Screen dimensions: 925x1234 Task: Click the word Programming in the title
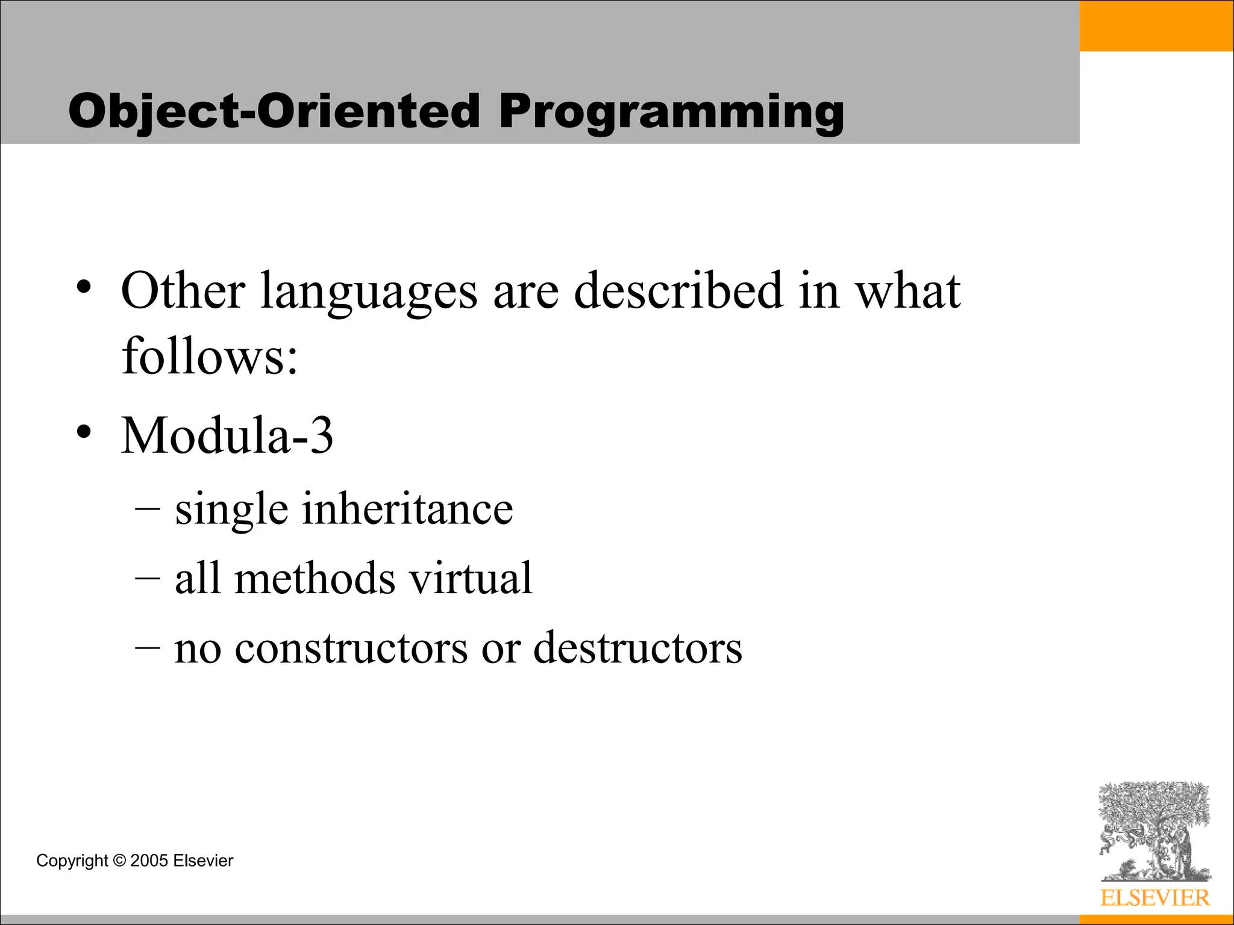[x=671, y=112]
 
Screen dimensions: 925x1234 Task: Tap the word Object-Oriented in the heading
[x=274, y=112]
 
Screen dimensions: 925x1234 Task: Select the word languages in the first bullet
[x=369, y=291]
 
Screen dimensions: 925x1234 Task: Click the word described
[x=678, y=291]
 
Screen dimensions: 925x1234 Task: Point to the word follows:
[x=210, y=357]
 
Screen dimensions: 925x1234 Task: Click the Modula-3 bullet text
[x=227, y=435]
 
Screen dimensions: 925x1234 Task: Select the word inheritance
[x=407, y=509]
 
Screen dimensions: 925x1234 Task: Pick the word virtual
[x=471, y=579]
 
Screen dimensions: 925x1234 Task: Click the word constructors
[x=351, y=649]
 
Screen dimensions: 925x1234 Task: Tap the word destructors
[x=637, y=649]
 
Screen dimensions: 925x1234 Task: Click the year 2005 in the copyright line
[x=149, y=861]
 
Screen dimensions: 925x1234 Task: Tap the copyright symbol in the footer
[x=119, y=861]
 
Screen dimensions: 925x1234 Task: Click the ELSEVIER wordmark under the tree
[x=1154, y=898]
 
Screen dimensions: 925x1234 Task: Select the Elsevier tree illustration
[x=1154, y=831]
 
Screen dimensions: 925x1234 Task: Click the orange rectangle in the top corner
[x=1156, y=25]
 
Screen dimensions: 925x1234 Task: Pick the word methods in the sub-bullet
[x=315, y=579]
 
